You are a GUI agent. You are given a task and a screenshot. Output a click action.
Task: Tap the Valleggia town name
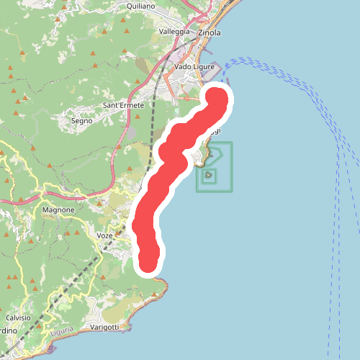[174, 32]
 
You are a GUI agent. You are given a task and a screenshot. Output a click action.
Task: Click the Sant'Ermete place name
[124, 105]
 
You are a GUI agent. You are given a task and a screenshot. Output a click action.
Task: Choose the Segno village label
[81, 121]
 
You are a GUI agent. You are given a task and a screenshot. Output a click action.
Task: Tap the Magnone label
[58, 210]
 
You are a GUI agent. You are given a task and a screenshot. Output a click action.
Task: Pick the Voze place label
[104, 235]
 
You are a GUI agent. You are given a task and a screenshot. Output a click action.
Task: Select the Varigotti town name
[105, 327]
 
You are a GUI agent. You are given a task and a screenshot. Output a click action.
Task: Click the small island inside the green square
[209, 174]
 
